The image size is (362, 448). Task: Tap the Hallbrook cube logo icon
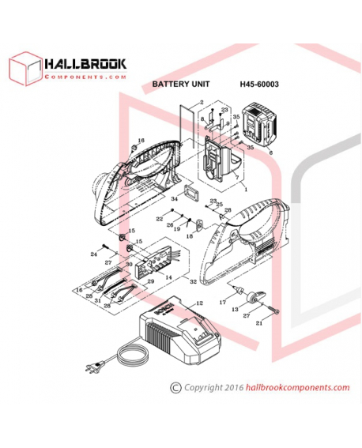23,69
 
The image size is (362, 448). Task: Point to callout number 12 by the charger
199,303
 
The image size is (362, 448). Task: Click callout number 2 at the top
202,103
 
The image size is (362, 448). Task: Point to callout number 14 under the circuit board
168,277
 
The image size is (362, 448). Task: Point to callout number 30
129,265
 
